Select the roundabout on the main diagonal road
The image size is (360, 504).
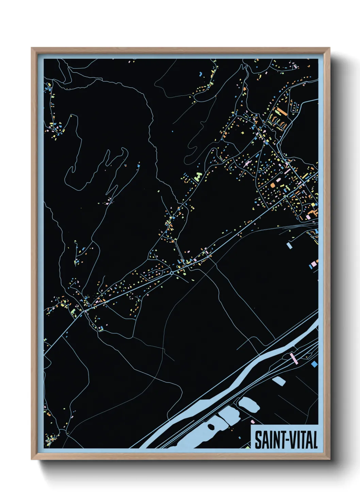[172, 273]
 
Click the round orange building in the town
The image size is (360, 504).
[273, 185]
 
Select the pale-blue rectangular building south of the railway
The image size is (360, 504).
[290, 245]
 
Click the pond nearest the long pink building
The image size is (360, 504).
[279, 381]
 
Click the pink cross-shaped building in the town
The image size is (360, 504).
[246, 164]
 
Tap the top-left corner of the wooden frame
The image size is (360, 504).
[32, 49]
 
